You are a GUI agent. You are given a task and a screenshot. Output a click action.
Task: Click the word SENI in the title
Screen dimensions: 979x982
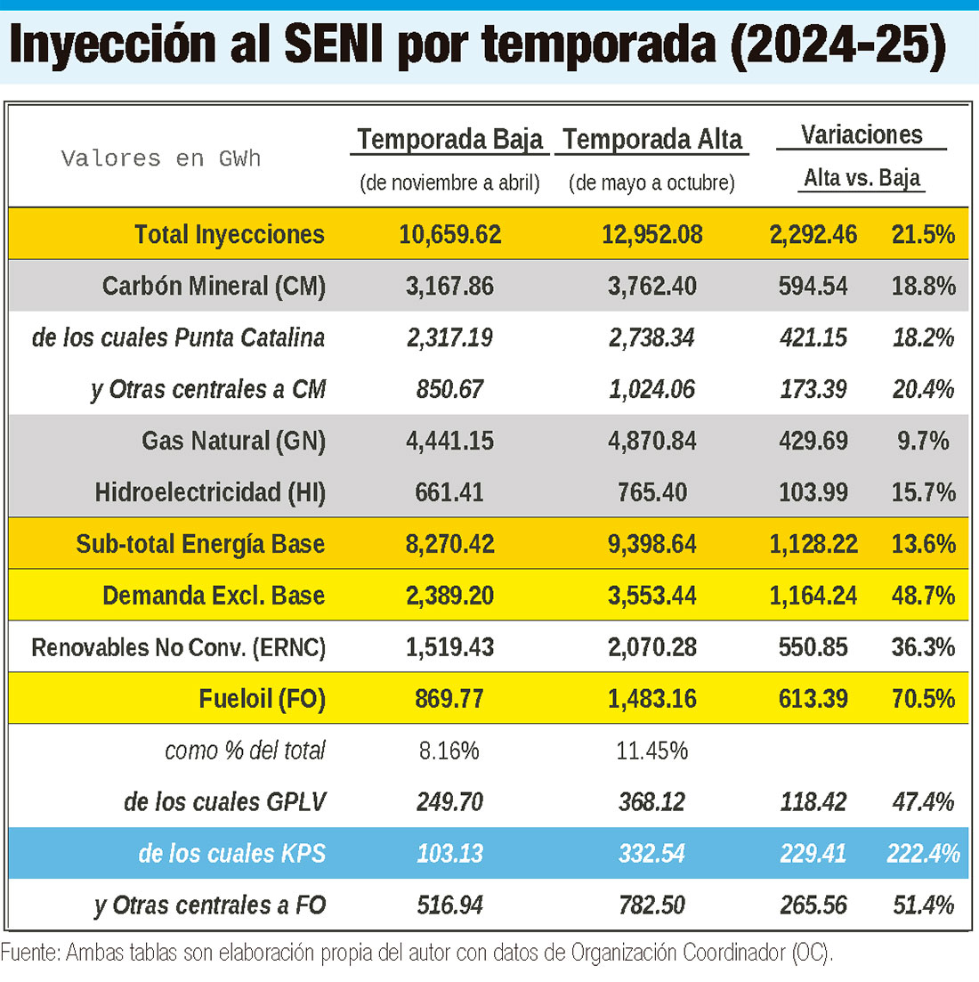[333, 45]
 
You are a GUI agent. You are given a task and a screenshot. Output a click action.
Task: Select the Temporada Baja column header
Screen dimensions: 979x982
[449, 139]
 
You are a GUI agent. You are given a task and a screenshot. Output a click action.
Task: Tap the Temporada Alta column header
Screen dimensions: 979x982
[651, 139]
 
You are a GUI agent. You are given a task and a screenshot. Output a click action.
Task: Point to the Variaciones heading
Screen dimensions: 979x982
[862, 134]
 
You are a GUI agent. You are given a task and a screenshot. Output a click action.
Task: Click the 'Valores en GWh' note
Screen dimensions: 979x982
[161, 158]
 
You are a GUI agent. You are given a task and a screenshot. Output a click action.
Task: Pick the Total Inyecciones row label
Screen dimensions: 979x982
[229, 235]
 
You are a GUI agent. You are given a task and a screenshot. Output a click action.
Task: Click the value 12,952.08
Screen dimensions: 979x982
[651, 235]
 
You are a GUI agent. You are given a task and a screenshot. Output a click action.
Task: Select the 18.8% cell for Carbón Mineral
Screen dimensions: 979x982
[923, 286]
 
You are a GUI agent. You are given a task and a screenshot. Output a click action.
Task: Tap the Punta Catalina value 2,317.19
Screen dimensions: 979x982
[449, 338]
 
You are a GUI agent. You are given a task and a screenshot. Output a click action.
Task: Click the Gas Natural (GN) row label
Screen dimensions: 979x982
[233, 441]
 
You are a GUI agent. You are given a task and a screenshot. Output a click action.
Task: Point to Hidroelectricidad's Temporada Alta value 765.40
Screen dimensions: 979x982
[651, 492]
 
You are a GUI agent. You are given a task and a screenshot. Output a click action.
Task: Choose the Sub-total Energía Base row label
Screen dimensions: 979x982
[200, 544]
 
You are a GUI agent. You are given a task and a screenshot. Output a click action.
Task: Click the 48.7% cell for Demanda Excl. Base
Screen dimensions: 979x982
[923, 596]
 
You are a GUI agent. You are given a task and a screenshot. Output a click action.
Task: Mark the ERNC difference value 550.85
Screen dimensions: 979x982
[813, 647]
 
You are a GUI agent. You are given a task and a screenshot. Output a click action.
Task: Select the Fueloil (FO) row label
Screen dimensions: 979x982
[262, 699]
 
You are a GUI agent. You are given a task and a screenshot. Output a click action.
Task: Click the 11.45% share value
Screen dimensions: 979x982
[651, 751]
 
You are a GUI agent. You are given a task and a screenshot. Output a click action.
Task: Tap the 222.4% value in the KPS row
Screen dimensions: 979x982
[923, 854]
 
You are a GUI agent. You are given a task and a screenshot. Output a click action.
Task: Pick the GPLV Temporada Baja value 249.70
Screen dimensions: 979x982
[449, 802]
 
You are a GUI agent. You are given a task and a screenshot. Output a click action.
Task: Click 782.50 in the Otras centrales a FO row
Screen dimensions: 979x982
[651, 905]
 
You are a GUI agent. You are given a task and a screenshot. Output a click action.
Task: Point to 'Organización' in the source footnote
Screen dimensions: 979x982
[624, 953]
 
